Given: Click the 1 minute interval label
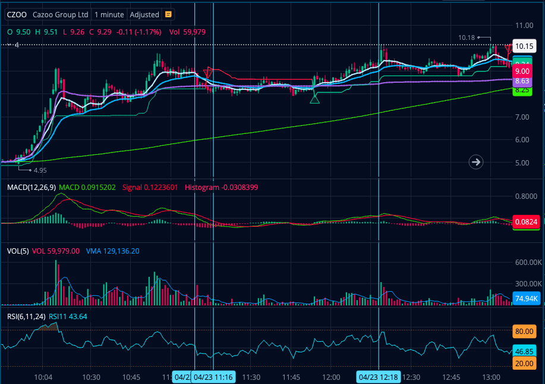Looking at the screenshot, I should pyautogui.click(x=109, y=14).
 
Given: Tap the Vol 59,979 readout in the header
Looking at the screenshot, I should pyautogui.click(x=187, y=32).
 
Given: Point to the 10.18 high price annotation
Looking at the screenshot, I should pyautogui.click(x=467, y=38).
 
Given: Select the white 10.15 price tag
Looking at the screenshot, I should pyautogui.click(x=522, y=46).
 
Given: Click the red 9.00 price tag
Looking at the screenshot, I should pyautogui.click(x=522, y=71).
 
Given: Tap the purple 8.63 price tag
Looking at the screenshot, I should pyautogui.click(x=522, y=80).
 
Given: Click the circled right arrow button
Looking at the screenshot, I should pyautogui.click(x=475, y=161).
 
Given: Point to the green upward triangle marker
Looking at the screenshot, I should pyautogui.click(x=314, y=98).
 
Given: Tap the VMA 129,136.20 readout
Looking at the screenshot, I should pyautogui.click(x=113, y=251).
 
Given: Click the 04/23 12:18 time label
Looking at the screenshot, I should pyautogui.click(x=379, y=376).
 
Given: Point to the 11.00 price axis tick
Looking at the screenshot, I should pyautogui.click(x=524, y=26).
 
